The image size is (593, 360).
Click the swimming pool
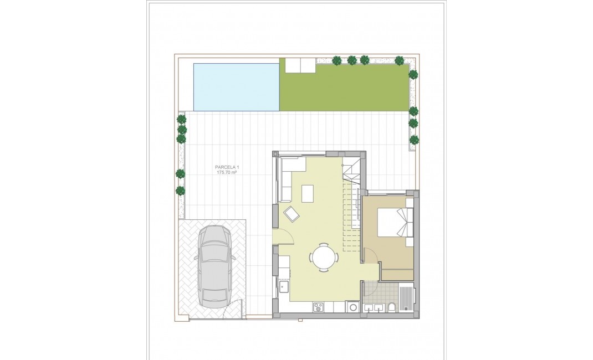pos(236,86)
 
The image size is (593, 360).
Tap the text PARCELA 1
pos(227,167)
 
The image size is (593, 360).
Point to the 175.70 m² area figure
pos(227,173)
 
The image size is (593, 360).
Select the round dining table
pos(324,258)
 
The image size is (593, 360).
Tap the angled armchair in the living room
pos(292,213)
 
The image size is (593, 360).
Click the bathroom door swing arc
pos(370,288)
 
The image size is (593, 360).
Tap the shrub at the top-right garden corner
pos(399,60)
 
